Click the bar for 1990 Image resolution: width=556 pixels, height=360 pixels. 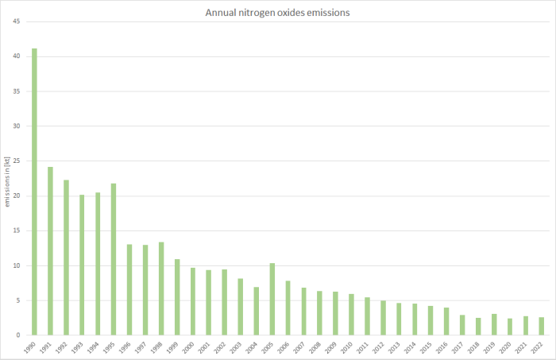click(x=34, y=192)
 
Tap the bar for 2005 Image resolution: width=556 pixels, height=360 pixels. click(x=272, y=299)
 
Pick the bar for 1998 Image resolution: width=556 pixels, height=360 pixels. click(x=161, y=288)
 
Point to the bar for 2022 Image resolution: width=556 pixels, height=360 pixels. click(x=541, y=326)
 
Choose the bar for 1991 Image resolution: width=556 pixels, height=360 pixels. click(x=50, y=251)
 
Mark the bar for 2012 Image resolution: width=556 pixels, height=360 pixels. click(x=383, y=318)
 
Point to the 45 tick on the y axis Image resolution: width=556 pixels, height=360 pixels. click(x=17, y=21)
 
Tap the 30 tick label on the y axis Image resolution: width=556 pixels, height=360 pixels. click(x=17, y=126)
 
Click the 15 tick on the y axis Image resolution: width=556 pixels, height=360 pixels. click(x=17, y=230)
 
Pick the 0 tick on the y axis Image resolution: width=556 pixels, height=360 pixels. click(x=18, y=335)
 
